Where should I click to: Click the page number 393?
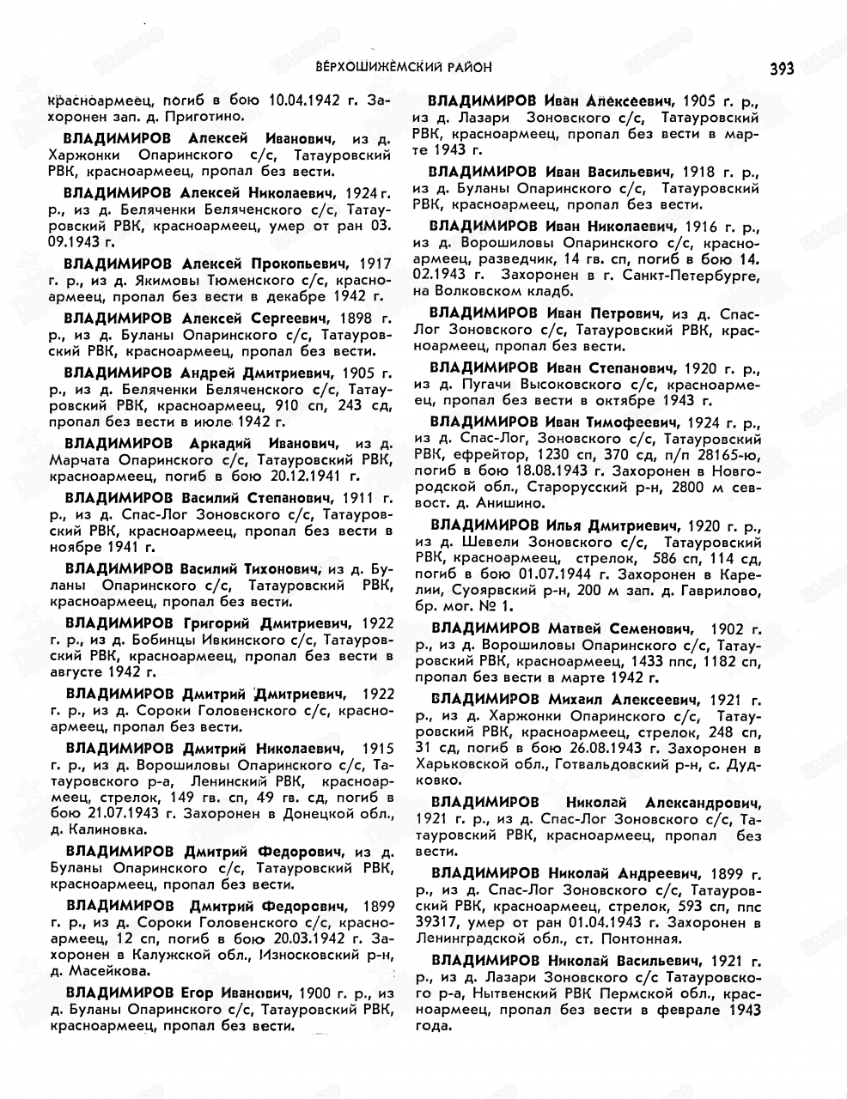782,68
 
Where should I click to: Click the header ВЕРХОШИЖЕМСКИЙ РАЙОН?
404,66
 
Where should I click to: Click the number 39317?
438,923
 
